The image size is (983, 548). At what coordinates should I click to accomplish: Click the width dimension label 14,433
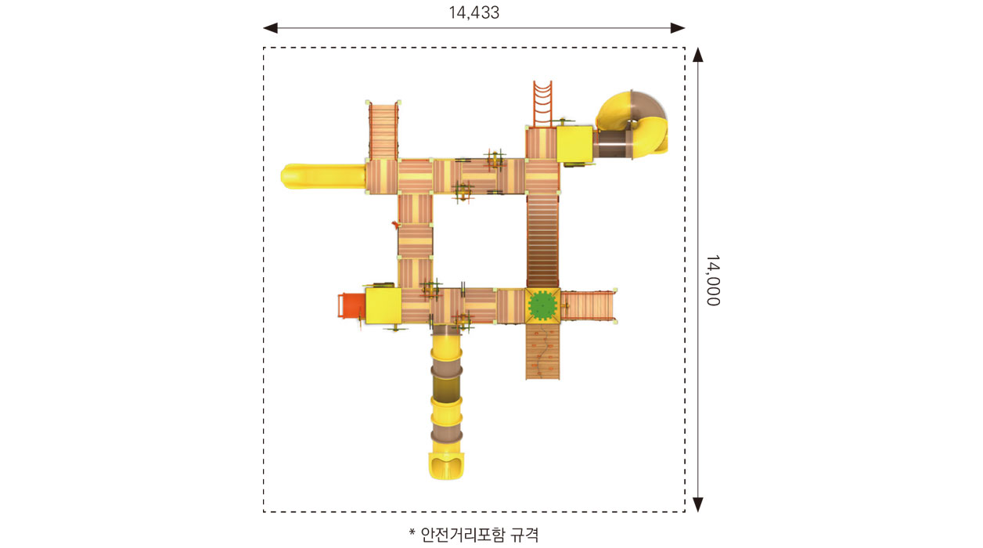point(474,13)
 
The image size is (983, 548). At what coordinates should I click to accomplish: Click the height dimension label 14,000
point(713,280)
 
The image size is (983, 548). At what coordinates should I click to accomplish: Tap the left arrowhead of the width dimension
point(270,28)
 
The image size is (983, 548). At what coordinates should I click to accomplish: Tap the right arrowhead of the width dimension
point(678,28)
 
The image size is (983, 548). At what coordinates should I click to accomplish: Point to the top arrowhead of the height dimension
point(698,55)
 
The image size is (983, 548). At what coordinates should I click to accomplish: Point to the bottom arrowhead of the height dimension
point(698,505)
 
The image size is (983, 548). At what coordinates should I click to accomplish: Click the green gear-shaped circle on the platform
point(542,305)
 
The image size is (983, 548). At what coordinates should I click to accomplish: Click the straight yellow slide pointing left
point(323,176)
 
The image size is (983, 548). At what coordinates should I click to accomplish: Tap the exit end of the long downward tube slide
point(446,467)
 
